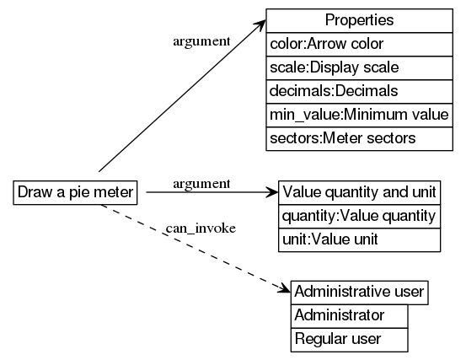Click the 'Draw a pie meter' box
76,192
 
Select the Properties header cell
359,20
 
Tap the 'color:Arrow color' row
359,44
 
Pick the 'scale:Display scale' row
359,67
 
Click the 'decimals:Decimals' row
359,91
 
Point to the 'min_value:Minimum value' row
359,115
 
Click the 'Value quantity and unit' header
359,191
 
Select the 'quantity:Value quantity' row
359,216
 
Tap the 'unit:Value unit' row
359,239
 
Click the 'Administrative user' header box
360,292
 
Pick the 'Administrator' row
349,315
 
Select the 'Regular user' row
349,339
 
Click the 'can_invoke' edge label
200,228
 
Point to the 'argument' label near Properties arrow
201,40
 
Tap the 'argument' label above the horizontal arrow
201,183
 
